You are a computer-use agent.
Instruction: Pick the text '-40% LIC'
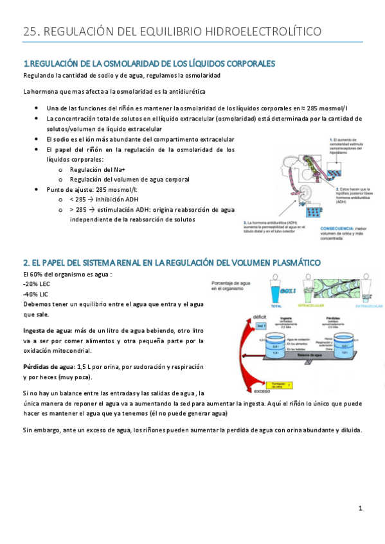coord(36,293)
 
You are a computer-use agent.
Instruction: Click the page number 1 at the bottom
coord(361,509)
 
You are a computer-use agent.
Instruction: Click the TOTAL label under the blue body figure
coord(276,306)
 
